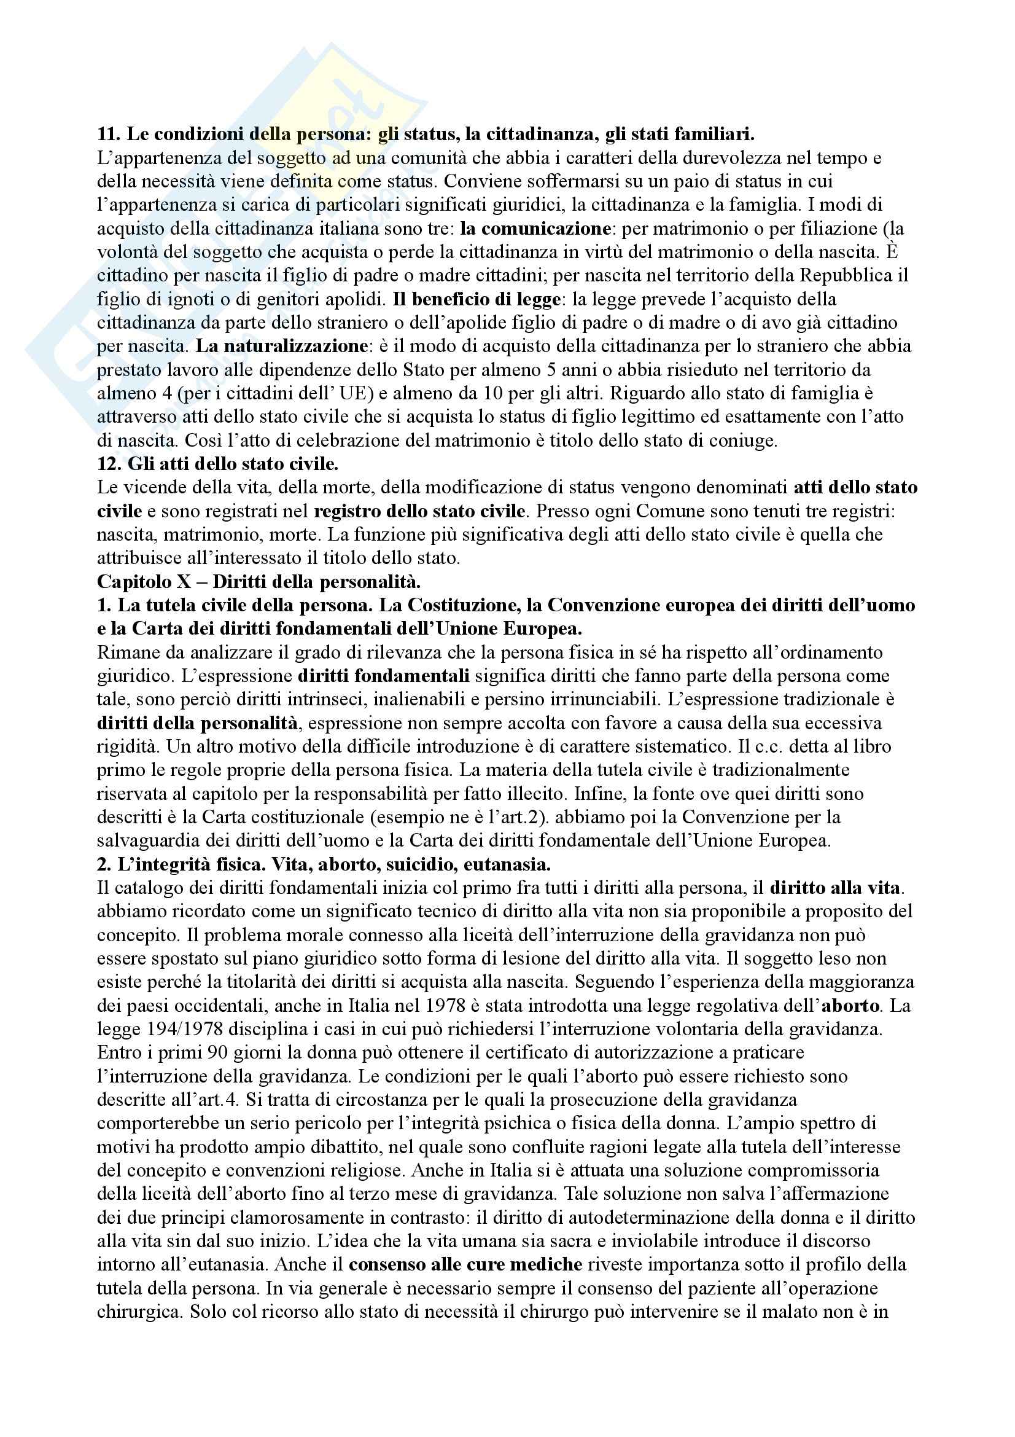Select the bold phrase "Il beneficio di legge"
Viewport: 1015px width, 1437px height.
pos(475,299)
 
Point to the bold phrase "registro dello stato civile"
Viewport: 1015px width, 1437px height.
pos(418,511)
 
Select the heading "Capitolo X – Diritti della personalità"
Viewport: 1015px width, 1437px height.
pos(259,581)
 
